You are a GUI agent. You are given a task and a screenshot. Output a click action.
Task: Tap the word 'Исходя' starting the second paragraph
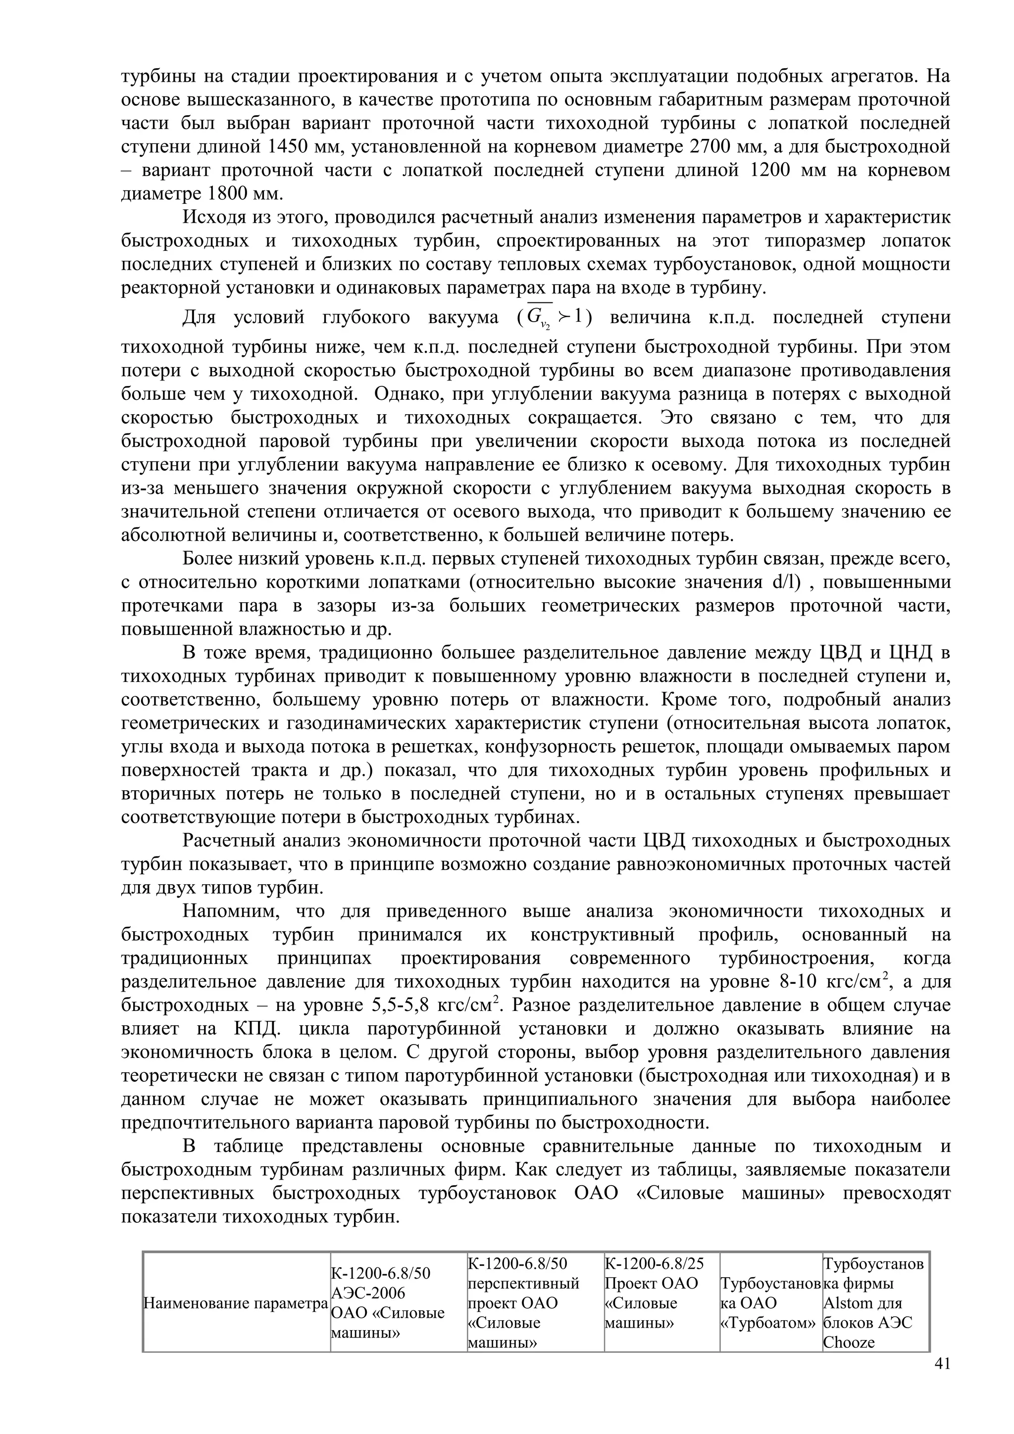210,217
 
